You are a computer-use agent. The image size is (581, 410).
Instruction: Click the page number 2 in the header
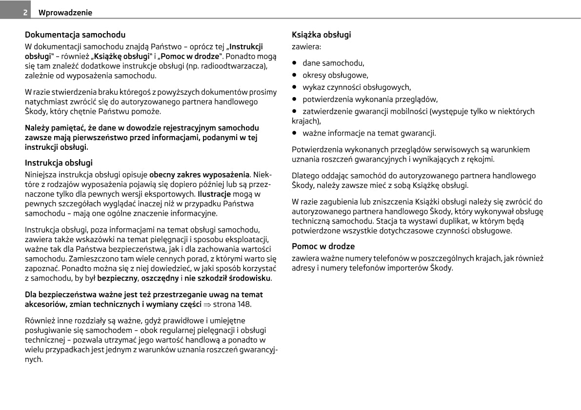pyautogui.click(x=24, y=13)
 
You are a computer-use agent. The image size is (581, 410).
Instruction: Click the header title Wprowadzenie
pyautogui.click(x=65, y=13)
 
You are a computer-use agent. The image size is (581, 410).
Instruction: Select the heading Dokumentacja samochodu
pyautogui.click(x=75, y=35)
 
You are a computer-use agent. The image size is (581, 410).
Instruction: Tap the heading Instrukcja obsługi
pyautogui.click(x=59, y=163)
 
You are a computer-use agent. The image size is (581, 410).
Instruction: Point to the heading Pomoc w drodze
pyautogui.click(x=323, y=246)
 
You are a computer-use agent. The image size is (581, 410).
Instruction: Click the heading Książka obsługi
pyautogui.click(x=321, y=35)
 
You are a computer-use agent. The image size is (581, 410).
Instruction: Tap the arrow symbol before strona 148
pyautogui.click(x=207, y=304)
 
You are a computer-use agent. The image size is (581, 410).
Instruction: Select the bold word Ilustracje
pyautogui.click(x=214, y=194)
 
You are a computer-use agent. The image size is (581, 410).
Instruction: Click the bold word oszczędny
pyautogui.click(x=160, y=278)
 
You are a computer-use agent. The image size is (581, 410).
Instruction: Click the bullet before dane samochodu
pyautogui.click(x=295, y=63)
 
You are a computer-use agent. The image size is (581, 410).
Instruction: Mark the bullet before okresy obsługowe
pyautogui.click(x=295, y=75)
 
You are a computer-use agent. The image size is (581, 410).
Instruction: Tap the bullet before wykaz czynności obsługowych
pyautogui.click(x=295, y=87)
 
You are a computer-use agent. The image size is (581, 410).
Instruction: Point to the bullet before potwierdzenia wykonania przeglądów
pyautogui.click(x=295, y=100)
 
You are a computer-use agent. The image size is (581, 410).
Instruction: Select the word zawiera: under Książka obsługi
pyautogui.click(x=306, y=47)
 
